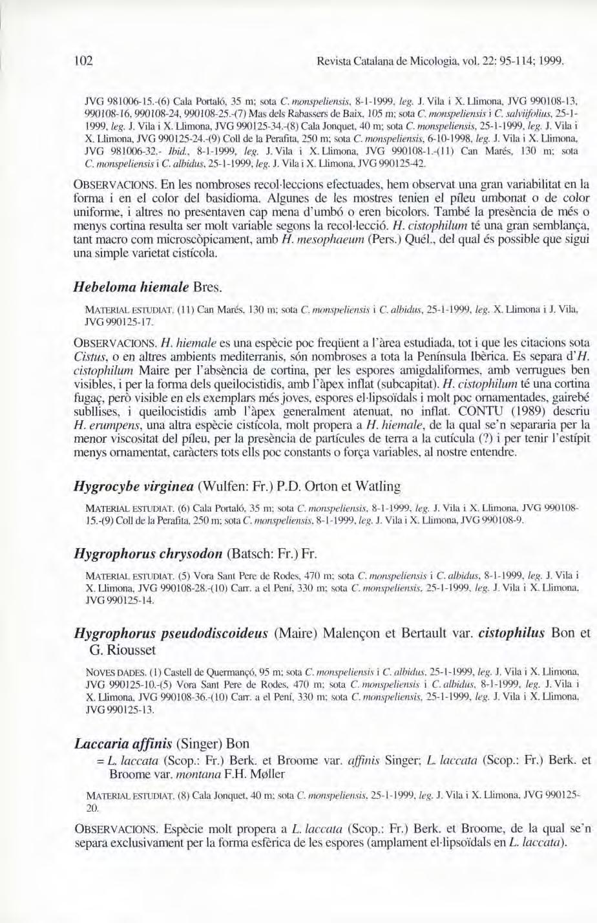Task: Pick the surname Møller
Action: point(263,774)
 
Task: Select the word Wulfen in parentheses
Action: point(222,485)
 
